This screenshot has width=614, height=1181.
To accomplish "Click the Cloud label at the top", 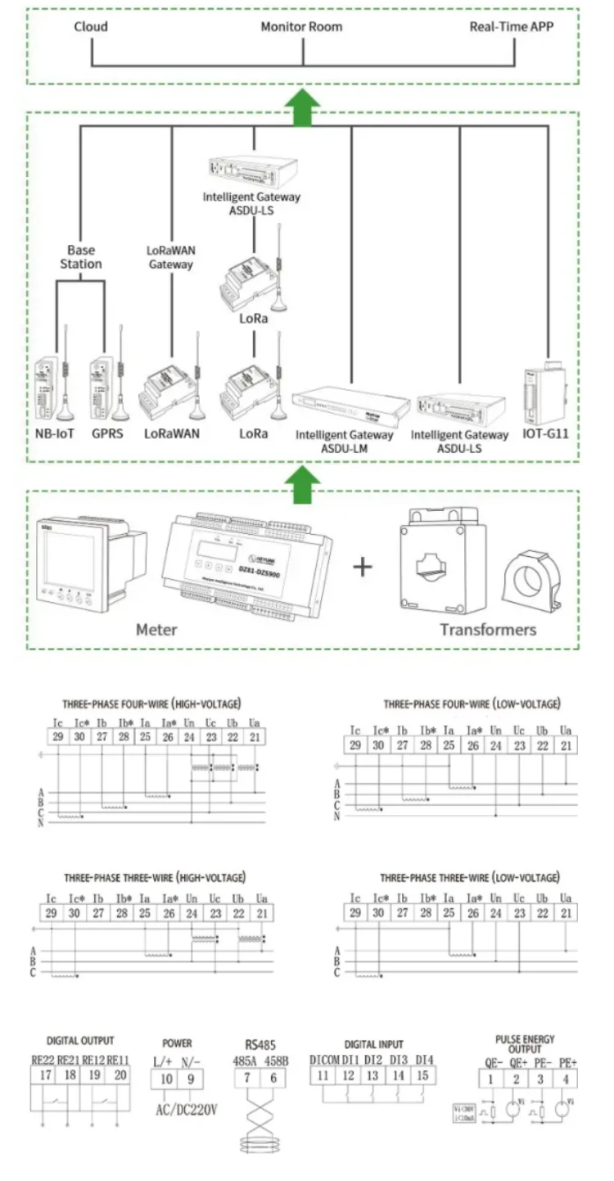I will [x=91, y=26].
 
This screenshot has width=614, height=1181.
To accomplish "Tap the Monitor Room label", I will [x=301, y=26].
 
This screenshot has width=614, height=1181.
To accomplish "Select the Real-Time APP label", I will [x=512, y=26].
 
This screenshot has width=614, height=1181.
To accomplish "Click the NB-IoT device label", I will [x=55, y=433].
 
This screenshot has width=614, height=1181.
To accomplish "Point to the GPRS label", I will [x=107, y=433].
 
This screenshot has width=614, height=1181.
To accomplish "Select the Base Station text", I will [x=81, y=257].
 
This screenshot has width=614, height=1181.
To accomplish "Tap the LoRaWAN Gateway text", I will [x=170, y=257].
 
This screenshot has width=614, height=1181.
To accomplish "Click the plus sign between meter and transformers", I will [x=362, y=566].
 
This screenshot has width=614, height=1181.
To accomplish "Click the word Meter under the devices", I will [x=156, y=630].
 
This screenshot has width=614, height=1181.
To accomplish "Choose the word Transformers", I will [x=488, y=630].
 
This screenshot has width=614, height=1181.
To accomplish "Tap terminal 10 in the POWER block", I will [x=166, y=1079].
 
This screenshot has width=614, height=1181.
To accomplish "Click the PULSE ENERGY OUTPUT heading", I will [x=525, y=1043].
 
